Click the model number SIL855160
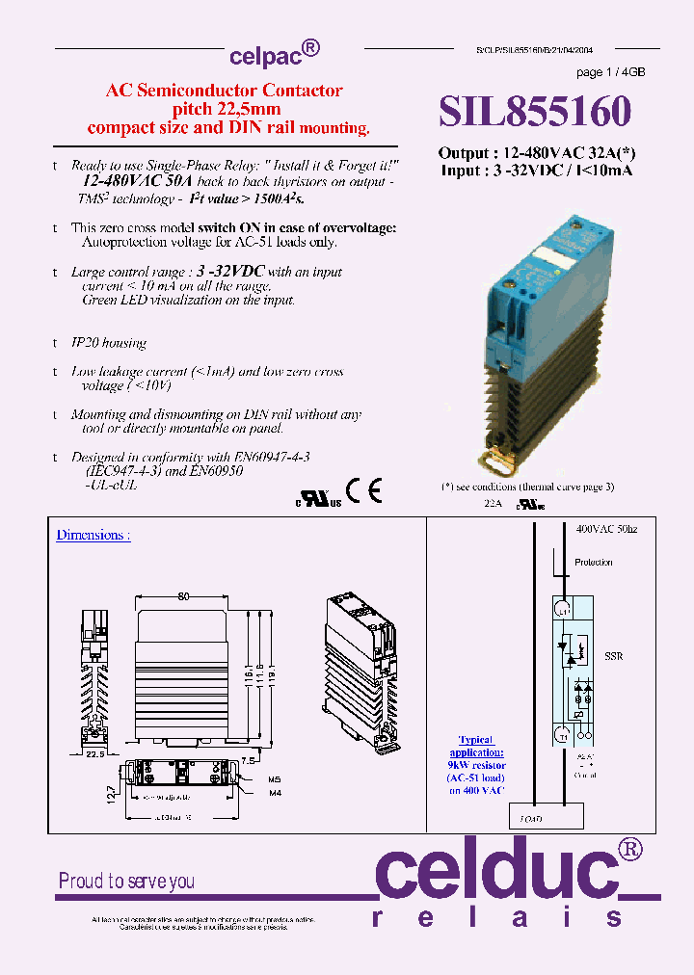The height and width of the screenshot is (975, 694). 535,112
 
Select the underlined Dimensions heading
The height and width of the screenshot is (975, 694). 93,535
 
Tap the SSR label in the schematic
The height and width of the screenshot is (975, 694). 613,657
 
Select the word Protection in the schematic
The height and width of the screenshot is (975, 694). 593,563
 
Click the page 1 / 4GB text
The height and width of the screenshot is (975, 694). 610,73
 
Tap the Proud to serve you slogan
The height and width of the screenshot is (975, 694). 126,881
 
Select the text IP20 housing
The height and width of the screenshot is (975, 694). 109,343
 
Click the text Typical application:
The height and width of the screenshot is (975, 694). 475,746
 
